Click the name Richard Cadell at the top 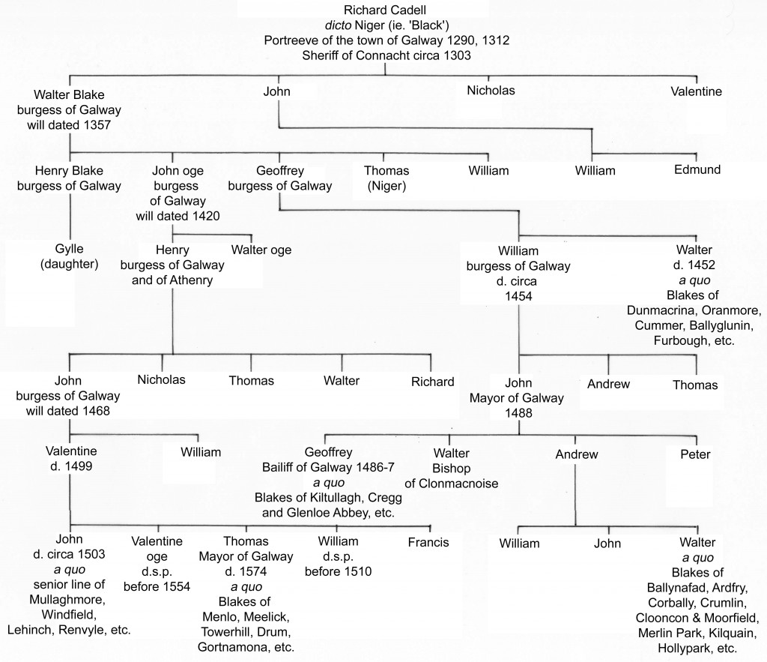click(x=384, y=10)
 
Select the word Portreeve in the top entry click(x=288, y=40)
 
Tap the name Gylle click(x=69, y=249)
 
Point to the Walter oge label click(x=261, y=250)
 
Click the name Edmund click(x=697, y=170)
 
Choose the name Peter click(x=695, y=454)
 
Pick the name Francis click(x=428, y=543)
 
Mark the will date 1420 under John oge click(x=205, y=216)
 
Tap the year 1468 click(x=96, y=411)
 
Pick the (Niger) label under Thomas click(x=386, y=186)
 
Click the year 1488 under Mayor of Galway click(x=518, y=413)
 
